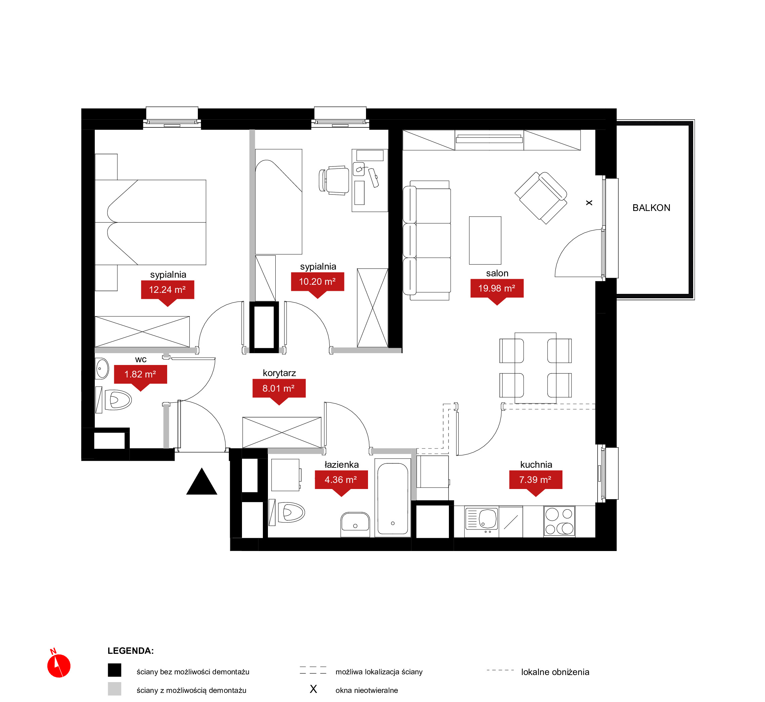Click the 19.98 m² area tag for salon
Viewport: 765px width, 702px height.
click(497, 288)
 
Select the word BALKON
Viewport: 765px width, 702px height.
click(651, 208)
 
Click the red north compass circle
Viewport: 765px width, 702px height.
click(59, 666)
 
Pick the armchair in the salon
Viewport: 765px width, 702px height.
click(541, 198)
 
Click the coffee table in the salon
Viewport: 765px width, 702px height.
click(485, 240)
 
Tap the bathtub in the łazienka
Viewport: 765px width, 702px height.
click(393, 498)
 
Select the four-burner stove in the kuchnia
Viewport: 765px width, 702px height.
click(559, 521)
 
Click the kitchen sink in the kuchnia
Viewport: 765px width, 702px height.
click(482, 519)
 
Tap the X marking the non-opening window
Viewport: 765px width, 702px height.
click(589, 203)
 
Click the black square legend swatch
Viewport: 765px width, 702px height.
click(114, 670)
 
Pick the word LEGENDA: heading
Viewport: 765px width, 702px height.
click(131, 651)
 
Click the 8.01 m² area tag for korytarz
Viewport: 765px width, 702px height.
click(279, 389)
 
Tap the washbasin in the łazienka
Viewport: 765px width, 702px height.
click(355, 524)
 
